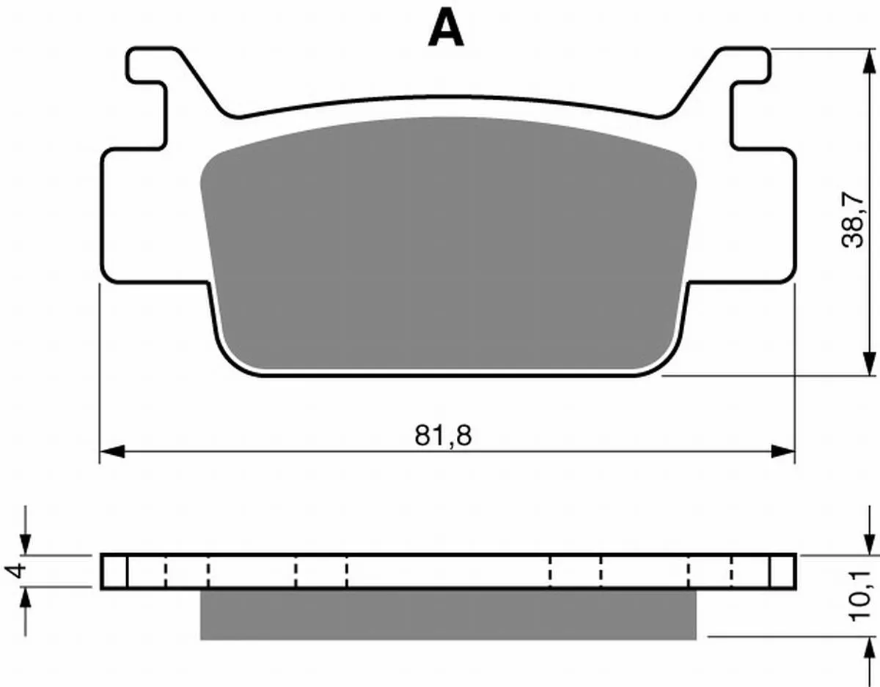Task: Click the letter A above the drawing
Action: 446,28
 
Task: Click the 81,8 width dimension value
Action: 443,436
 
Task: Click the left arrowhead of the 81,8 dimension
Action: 113,452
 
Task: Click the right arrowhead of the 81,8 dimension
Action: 782,452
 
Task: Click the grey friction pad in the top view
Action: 448,242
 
